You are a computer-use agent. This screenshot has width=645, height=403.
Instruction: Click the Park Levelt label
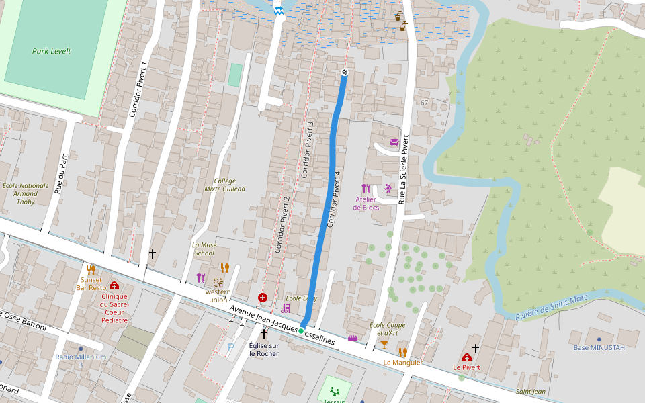(51, 51)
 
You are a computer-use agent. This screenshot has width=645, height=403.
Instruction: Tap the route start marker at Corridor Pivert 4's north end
(345, 72)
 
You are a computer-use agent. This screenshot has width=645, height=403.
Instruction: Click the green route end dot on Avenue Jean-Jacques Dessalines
(301, 330)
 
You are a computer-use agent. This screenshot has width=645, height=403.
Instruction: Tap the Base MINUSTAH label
(599, 347)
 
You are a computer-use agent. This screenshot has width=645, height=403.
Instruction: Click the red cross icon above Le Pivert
(466, 358)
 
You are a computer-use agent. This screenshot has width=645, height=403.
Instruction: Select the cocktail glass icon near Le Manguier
(384, 345)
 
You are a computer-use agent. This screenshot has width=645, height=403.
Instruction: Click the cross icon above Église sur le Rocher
(264, 333)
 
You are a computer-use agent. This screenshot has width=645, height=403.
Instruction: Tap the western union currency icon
(218, 283)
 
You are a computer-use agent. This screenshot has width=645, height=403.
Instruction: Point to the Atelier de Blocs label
(366, 204)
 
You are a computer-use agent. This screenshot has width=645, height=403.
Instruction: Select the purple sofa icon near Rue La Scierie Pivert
(394, 142)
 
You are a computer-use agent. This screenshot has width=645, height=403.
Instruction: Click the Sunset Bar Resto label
(91, 283)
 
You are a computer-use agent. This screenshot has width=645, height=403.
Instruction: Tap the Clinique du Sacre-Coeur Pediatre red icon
(114, 285)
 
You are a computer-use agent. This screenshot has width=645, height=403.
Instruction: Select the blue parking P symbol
(231, 347)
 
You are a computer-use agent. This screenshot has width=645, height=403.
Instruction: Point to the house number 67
(424, 102)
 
